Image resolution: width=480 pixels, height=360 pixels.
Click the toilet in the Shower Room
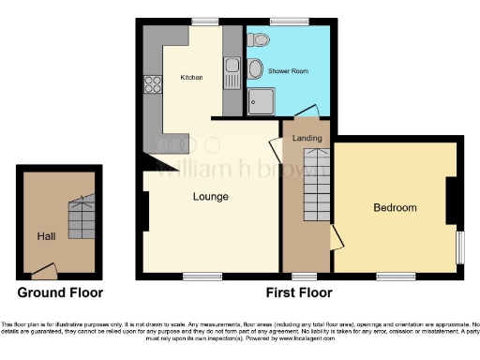[262, 38]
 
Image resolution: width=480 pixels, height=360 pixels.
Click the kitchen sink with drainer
[231, 69]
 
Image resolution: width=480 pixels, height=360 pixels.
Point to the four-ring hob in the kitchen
[152, 84]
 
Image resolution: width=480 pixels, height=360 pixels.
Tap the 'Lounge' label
[212, 197]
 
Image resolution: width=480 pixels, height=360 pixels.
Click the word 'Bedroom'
[395, 207]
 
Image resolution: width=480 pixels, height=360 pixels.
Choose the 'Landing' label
[307, 139]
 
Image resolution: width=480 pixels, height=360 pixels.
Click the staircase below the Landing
[310, 187]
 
